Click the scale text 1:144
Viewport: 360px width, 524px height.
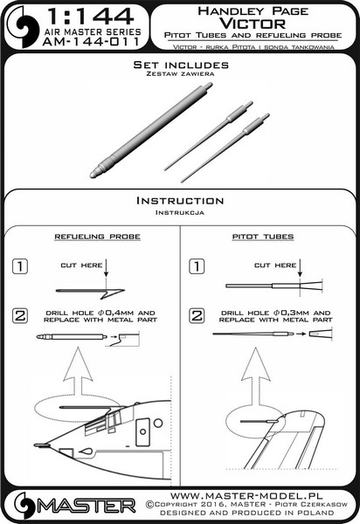pos(91,17)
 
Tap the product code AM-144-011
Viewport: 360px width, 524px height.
pos(91,42)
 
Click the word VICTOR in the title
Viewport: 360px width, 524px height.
pos(253,24)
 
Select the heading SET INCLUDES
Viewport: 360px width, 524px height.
pos(181,65)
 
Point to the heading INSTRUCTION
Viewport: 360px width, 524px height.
pos(180,201)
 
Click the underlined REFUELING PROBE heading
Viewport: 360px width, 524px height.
pos(97,237)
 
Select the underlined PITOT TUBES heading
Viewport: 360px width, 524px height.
pos(263,237)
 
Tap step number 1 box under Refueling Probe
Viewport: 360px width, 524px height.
pos(20,266)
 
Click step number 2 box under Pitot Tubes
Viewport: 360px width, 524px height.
pos(197,315)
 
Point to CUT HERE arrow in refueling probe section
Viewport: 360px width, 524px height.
pos(106,267)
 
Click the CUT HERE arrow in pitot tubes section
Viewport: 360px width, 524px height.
pos(300,267)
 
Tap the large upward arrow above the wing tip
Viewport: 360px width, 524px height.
pos(256,376)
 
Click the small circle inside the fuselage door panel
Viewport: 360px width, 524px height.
pos(142,431)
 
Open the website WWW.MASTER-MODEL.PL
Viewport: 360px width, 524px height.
pos(246,495)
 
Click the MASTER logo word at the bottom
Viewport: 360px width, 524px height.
pos(87,506)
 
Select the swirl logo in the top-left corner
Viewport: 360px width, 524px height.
pos(23,27)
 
